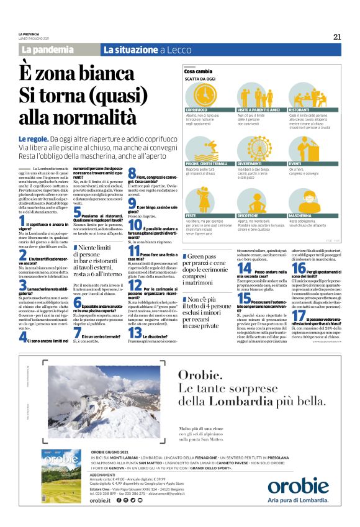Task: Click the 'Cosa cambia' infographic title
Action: (197, 72)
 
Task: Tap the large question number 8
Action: (132, 173)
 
